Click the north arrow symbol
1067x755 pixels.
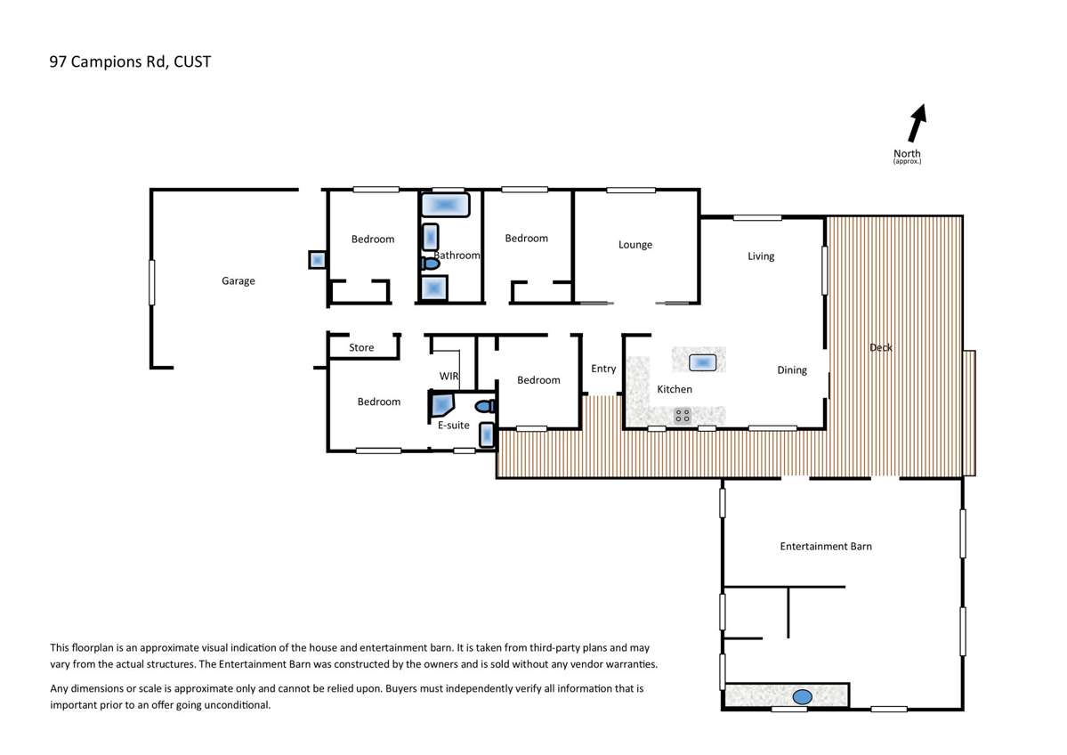tap(917, 123)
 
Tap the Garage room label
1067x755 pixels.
tap(238, 280)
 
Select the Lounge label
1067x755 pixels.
tap(635, 245)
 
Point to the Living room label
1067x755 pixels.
tap(761, 256)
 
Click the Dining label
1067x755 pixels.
tap(792, 369)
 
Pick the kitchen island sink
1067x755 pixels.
tap(702, 362)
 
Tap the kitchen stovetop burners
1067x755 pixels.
tap(683, 415)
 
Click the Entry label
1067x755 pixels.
tap(602, 369)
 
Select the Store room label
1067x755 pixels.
tap(361, 347)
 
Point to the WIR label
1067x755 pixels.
tap(449, 376)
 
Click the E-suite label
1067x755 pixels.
tap(453, 425)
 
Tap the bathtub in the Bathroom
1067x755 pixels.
tap(445, 205)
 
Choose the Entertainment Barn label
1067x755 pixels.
tap(826, 546)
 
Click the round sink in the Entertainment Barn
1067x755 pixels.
tap(803, 696)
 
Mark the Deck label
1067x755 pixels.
tap(880, 347)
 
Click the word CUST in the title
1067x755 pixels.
tap(192, 62)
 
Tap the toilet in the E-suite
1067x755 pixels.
tap(485, 406)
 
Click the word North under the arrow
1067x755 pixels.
tap(907, 153)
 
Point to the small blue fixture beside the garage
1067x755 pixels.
tap(317, 259)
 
